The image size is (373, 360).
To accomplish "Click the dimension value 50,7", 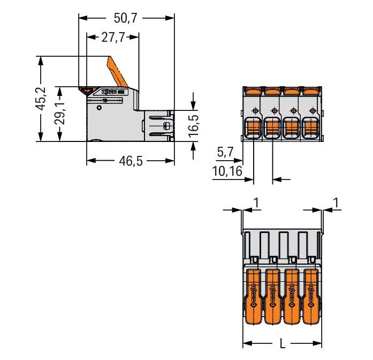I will pyautogui.click(x=126, y=18).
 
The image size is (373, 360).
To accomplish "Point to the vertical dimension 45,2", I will pyautogui.click(x=41, y=99).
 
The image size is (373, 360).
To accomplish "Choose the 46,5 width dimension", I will pyautogui.click(x=131, y=161).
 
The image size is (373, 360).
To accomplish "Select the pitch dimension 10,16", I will pyautogui.click(x=227, y=171).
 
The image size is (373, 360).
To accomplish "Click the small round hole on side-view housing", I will pyautogui.click(x=98, y=108).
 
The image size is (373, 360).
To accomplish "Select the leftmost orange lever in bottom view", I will pyautogui.click(x=254, y=297).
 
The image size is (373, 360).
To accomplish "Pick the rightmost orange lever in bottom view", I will pyautogui.click(x=311, y=297).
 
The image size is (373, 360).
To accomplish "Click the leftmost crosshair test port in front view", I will pyautogui.click(x=254, y=111).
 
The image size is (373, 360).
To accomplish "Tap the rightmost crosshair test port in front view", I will pyautogui.click(x=310, y=111).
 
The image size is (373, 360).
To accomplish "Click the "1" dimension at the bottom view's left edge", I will pyautogui.click(x=255, y=202).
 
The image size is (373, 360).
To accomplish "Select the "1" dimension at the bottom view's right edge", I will pyautogui.click(x=336, y=202).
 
